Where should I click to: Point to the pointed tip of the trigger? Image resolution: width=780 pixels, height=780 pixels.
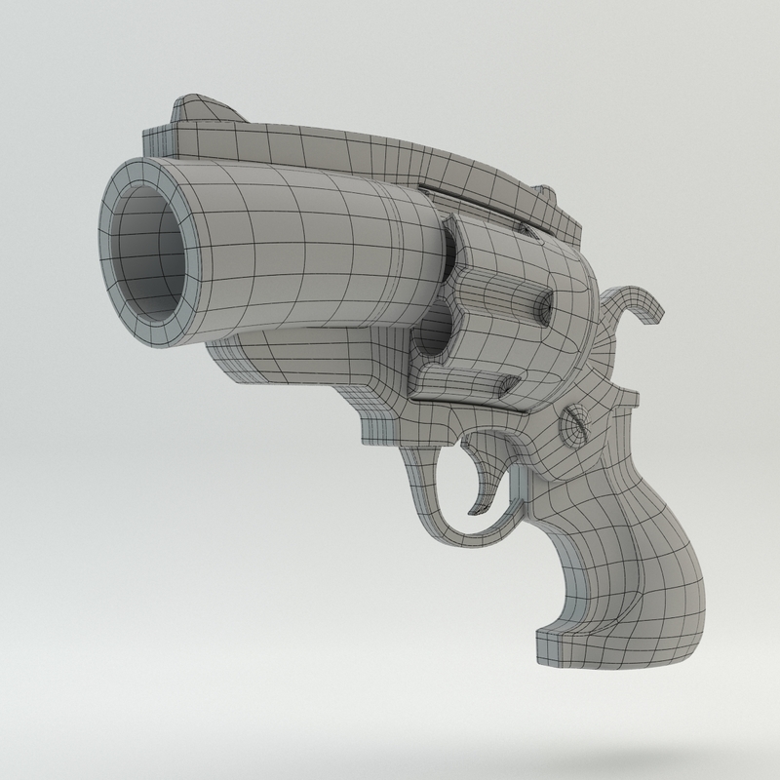(475, 507)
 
